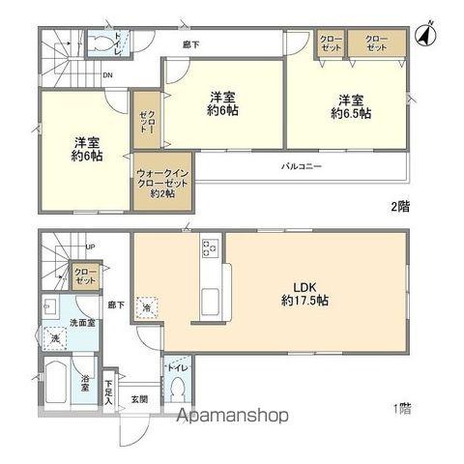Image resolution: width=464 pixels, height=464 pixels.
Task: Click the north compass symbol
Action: pyautogui.click(x=422, y=36)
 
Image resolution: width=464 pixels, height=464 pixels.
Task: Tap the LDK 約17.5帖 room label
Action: pyautogui.click(x=305, y=294)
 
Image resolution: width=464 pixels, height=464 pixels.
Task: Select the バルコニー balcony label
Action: pyautogui.click(x=301, y=166)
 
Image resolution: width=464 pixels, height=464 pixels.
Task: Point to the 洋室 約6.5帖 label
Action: pyautogui.click(x=349, y=106)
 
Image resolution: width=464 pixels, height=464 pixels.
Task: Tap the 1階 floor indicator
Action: pyautogui.click(x=400, y=408)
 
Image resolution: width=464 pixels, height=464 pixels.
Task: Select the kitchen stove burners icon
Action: pyautogui.click(x=210, y=248)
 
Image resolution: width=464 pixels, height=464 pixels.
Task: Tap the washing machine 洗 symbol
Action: pyautogui.click(x=54, y=337)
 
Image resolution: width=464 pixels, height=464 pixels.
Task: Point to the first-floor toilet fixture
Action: pyautogui.click(x=177, y=387)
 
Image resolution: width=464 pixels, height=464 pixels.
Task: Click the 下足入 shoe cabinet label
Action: pyautogui.click(x=109, y=388)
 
